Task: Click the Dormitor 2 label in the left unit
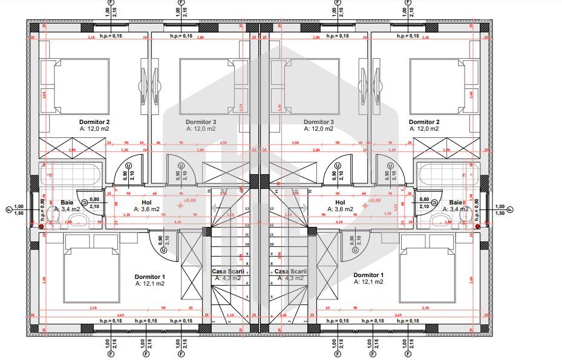point(94,122)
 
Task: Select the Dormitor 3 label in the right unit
point(318,122)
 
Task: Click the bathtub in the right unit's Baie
point(445,175)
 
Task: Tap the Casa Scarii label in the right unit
point(290,272)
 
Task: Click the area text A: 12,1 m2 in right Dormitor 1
point(368,282)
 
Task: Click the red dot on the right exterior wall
point(477,226)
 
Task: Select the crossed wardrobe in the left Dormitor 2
point(73,148)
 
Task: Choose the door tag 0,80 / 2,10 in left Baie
point(94,203)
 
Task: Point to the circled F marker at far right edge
point(510,209)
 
